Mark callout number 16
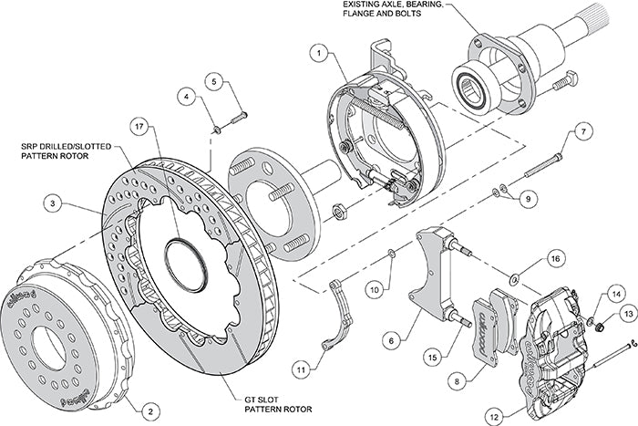553,260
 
